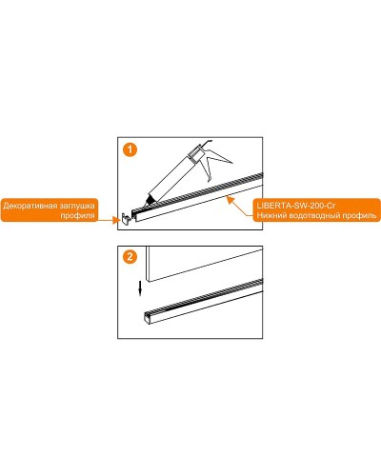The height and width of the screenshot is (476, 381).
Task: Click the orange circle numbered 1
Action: click(130, 149)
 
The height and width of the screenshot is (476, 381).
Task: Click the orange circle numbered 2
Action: click(130, 256)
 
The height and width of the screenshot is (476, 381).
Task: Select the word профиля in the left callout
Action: click(78, 215)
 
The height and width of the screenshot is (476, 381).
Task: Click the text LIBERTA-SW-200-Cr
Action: click(296, 206)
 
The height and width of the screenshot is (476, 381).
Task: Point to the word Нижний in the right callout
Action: click(269, 215)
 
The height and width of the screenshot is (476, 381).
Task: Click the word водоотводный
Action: click(312, 215)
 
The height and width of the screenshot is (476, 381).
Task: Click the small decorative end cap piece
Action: click(126, 218)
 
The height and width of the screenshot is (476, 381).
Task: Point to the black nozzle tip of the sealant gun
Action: click(149, 201)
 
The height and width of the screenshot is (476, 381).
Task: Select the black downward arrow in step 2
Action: click(140, 288)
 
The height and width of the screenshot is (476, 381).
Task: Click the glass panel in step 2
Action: click(204, 263)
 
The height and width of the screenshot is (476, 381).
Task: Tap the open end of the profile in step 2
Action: click(148, 318)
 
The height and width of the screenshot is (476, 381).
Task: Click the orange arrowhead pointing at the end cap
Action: click(115, 219)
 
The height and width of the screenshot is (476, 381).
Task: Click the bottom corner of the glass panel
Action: click(148, 281)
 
